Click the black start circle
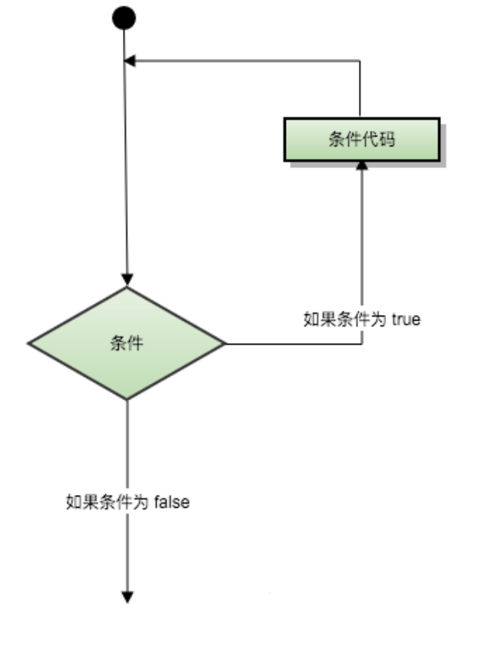(x=124, y=18)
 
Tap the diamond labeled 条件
(x=127, y=344)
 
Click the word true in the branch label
(x=407, y=318)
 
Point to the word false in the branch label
(x=171, y=503)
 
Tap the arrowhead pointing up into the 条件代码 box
(x=361, y=165)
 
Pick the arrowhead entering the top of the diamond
(x=127, y=280)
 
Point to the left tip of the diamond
(x=30, y=344)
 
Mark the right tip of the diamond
(x=225, y=344)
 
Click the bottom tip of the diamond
(x=127, y=399)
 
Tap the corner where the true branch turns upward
(x=361, y=344)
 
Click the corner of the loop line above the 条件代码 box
(x=361, y=61)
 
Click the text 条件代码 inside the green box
(x=361, y=139)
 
